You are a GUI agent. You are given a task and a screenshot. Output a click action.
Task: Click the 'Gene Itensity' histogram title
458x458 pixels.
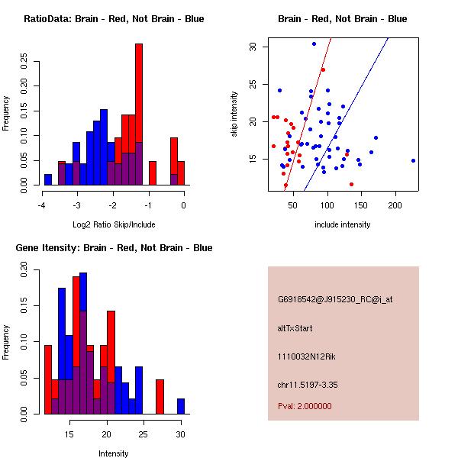click(114, 247)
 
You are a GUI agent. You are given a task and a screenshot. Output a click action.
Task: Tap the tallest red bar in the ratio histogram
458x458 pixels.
click(139, 114)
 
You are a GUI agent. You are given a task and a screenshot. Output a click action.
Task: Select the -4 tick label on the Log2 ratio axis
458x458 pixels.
click(41, 205)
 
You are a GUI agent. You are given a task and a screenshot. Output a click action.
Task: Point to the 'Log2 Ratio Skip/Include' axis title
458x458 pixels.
click(113, 224)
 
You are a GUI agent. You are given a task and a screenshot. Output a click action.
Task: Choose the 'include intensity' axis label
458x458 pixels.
click(342, 224)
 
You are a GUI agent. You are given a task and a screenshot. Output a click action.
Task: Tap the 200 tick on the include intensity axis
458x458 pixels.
click(395, 205)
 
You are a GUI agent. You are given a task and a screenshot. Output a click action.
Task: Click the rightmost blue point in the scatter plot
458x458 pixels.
click(413, 160)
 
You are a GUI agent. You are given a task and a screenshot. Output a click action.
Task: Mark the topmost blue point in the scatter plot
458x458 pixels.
click(314, 44)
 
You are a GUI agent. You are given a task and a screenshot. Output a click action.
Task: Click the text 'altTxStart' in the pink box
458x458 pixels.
click(295, 328)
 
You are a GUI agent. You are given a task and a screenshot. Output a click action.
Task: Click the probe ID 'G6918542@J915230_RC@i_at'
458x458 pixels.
click(335, 300)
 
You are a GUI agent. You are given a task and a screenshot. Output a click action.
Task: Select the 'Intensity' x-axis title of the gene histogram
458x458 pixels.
click(113, 453)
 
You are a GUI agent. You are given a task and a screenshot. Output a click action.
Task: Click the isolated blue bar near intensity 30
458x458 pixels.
click(181, 406)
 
